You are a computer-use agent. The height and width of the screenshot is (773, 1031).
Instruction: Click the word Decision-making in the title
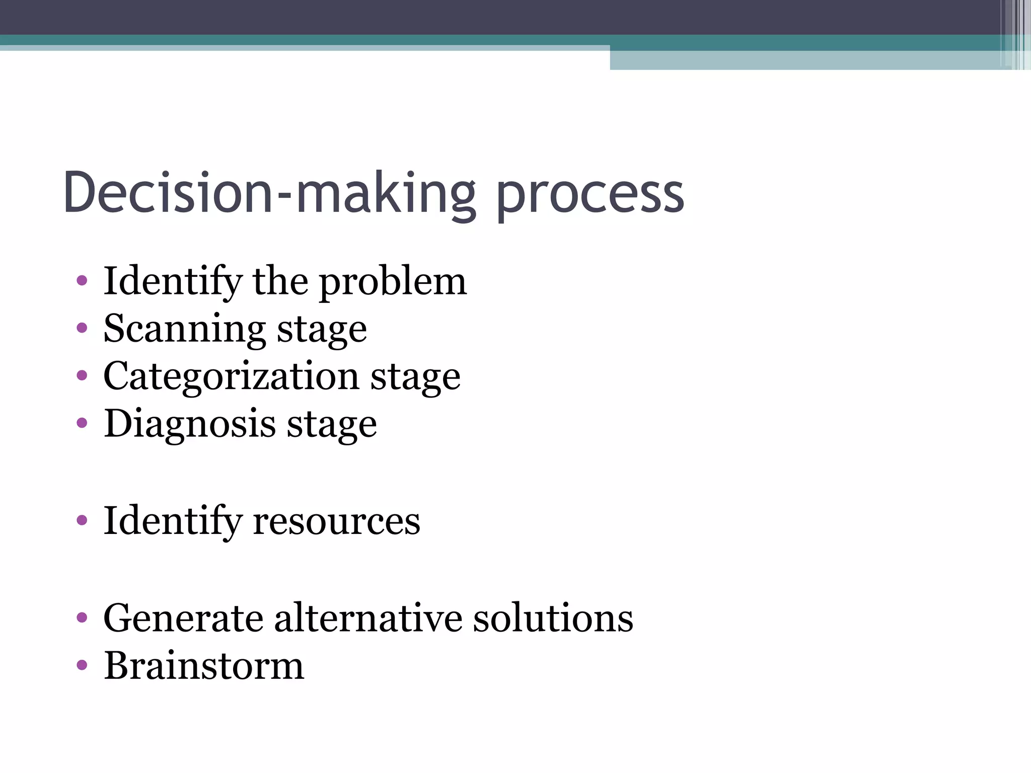pyautogui.click(x=269, y=194)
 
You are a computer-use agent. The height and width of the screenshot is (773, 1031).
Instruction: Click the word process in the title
pyautogui.click(x=590, y=196)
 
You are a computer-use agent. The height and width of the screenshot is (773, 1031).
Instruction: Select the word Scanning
pyautogui.click(x=184, y=329)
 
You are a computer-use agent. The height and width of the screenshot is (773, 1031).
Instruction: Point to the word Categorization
pyautogui.click(x=231, y=376)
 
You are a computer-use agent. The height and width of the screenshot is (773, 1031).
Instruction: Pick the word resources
pyautogui.click(x=336, y=521)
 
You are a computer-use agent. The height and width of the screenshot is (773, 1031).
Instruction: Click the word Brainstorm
pyautogui.click(x=204, y=666)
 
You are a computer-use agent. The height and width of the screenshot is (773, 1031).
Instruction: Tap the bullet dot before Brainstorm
pyautogui.click(x=82, y=666)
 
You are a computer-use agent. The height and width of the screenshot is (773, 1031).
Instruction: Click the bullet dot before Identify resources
pyautogui.click(x=82, y=520)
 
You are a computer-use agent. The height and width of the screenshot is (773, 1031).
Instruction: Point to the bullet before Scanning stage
pyautogui.click(x=82, y=329)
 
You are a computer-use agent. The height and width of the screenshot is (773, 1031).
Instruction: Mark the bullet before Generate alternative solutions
pyautogui.click(x=82, y=617)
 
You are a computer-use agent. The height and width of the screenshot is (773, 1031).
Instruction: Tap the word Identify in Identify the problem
pyautogui.click(x=172, y=282)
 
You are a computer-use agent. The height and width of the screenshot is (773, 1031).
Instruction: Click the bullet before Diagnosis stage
pyautogui.click(x=82, y=423)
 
